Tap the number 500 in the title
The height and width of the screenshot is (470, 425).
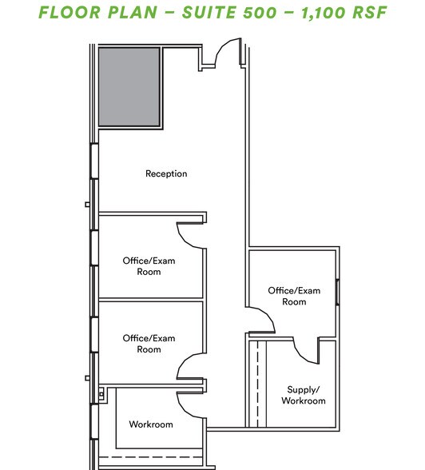(x=260, y=14)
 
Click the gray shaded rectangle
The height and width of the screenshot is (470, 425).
(x=129, y=86)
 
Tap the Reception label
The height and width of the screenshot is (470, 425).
(x=166, y=173)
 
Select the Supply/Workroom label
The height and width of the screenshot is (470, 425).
(x=304, y=395)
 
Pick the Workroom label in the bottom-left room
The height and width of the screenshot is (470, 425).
(x=150, y=424)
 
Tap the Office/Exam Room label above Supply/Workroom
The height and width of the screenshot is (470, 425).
(x=294, y=296)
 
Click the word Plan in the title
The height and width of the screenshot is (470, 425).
(x=140, y=14)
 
